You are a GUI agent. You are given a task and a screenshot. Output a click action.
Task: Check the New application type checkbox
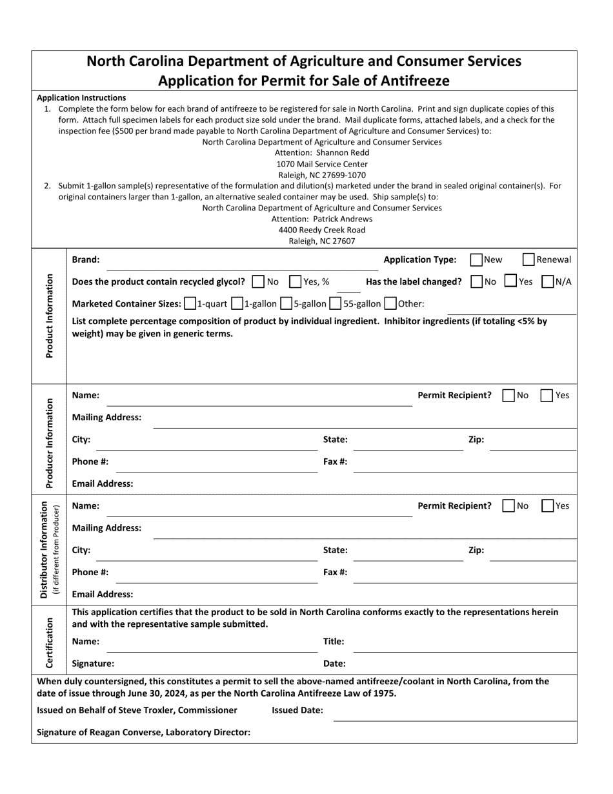pos(477,260)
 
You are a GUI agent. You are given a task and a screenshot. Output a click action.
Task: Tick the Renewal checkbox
pos(528,260)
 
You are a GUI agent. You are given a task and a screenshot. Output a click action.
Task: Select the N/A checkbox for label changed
pos(548,281)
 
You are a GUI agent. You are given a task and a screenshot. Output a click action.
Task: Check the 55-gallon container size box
pos(336,303)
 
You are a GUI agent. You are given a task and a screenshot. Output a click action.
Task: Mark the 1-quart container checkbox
pos(190,303)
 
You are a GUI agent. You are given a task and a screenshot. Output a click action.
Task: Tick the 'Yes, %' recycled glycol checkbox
pos(296,281)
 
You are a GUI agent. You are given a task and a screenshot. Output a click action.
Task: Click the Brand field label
pos(86,260)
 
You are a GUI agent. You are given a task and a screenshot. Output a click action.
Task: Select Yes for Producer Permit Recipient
pos(547,395)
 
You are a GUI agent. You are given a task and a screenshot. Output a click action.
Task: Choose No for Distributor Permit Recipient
pos(508,505)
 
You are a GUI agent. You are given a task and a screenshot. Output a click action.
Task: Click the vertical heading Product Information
pos(49,316)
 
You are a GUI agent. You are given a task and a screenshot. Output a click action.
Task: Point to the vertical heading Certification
pos(49,642)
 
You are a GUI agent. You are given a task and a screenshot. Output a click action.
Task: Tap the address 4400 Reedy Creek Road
pos(322,230)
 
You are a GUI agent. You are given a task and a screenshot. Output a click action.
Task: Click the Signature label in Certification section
pos(93,663)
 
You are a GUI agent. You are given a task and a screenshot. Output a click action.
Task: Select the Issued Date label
pos(297,710)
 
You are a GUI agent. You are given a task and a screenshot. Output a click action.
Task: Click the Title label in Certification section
pos(334,642)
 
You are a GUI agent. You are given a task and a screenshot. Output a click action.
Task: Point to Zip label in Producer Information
pos(476,440)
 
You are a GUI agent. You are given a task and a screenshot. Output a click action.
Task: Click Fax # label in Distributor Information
pos(335,572)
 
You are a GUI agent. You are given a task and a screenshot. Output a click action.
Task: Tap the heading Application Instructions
pos(81,97)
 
